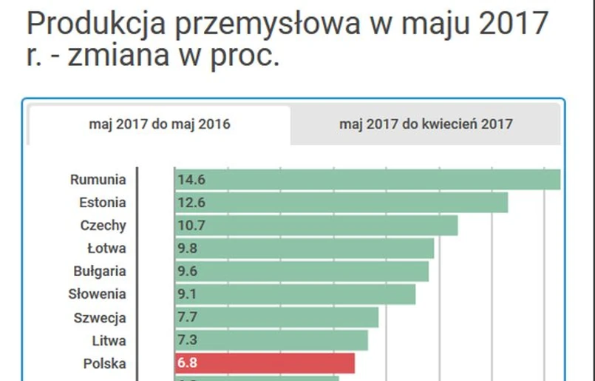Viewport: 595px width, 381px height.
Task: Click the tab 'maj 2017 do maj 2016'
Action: [x=160, y=124]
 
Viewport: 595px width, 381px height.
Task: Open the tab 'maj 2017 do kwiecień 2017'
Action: [x=426, y=124]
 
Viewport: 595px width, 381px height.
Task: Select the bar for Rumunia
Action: [x=367, y=180]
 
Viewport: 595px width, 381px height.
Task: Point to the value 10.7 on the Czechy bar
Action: [x=188, y=226]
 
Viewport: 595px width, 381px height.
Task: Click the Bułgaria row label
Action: [x=100, y=271]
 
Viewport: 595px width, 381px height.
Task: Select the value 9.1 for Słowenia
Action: [x=187, y=294]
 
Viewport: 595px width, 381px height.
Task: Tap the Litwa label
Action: [x=109, y=341]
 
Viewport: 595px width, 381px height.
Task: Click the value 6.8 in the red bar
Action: [x=187, y=364]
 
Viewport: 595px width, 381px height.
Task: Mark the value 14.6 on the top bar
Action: [x=188, y=180]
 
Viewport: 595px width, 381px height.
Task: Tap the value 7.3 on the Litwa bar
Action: [x=187, y=341]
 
